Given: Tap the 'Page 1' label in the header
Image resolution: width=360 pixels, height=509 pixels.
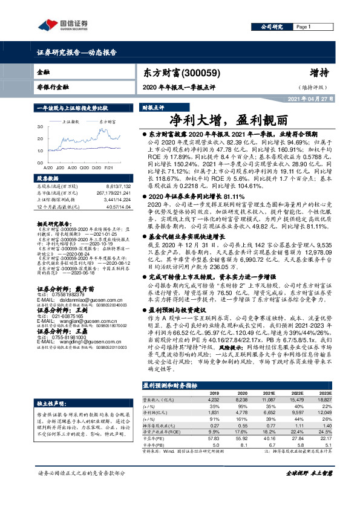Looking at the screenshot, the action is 303,27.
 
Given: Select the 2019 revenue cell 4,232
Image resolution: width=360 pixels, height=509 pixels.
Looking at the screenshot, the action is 213,400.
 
